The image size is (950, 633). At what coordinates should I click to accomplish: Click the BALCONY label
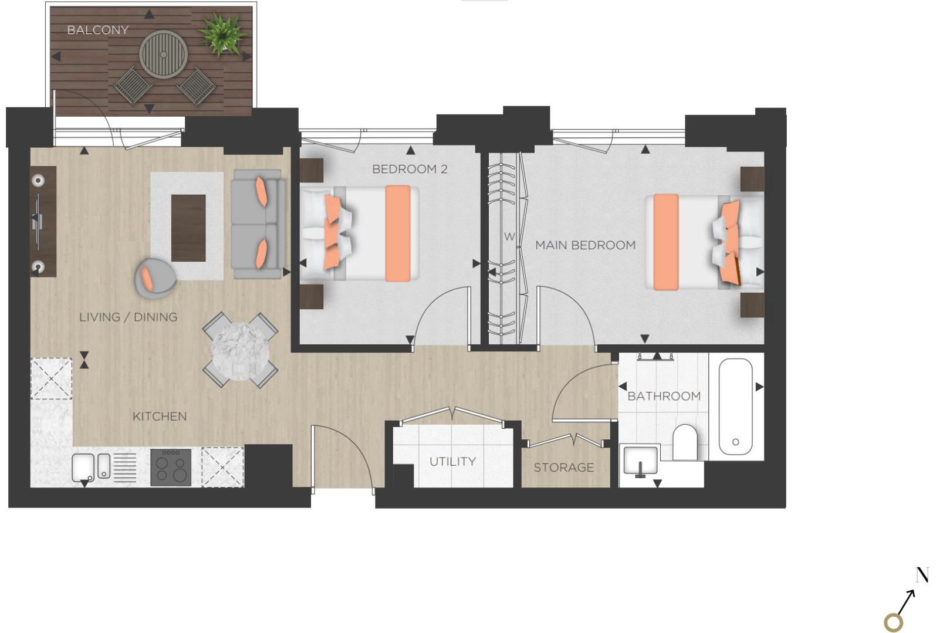tap(97, 30)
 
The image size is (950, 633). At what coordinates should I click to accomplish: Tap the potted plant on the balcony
tap(222, 35)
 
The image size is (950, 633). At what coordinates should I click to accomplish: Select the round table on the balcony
tap(163, 55)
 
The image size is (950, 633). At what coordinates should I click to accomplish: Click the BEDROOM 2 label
tap(409, 169)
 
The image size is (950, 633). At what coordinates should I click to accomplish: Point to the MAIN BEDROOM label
tap(585, 245)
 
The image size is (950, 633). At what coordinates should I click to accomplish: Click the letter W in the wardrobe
tap(509, 236)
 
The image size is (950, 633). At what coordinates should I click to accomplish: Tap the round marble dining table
tap(240, 351)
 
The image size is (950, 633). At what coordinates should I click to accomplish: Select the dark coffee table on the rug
tap(188, 228)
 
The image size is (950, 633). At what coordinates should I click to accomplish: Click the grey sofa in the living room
tap(258, 224)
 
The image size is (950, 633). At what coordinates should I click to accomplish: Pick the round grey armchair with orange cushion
tap(155, 278)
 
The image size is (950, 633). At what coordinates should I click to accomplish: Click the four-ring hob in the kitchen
tap(171, 467)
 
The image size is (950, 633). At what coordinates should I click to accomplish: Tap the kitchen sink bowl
tap(83, 468)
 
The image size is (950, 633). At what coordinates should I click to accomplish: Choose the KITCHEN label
tap(160, 417)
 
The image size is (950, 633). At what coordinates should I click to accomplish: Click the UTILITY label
tap(452, 461)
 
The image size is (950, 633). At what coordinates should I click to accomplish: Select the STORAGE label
tap(564, 467)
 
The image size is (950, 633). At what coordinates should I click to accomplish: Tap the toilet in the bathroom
tap(685, 442)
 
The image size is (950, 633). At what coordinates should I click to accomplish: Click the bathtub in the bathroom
tap(735, 407)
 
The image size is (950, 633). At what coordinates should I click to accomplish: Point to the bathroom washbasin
tap(640, 459)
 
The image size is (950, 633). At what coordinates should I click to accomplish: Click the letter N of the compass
tap(922, 575)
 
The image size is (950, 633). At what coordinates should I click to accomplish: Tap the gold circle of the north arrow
tap(893, 623)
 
